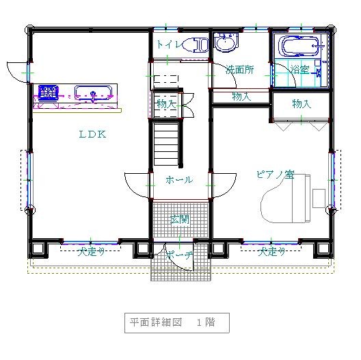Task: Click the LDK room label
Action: (x=92, y=134)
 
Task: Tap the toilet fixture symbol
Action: (x=197, y=44)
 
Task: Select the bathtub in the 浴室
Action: (x=299, y=46)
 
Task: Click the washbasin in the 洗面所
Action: (x=226, y=42)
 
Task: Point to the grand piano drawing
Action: (x=286, y=198)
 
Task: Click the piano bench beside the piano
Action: (x=319, y=198)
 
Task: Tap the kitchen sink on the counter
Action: (x=93, y=93)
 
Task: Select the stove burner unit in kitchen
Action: (x=48, y=92)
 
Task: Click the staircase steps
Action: (x=166, y=144)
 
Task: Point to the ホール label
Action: (x=179, y=180)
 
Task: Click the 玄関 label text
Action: (x=180, y=219)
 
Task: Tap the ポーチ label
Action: (x=179, y=255)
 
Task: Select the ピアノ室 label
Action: (x=276, y=175)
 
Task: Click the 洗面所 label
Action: (x=240, y=69)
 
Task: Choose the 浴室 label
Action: (x=299, y=69)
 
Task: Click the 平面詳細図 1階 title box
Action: (x=177, y=322)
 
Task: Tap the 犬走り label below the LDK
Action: (x=91, y=251)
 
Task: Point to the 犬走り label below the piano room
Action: (x=271, y=251)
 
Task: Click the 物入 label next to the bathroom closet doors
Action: (x=302, y=104)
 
